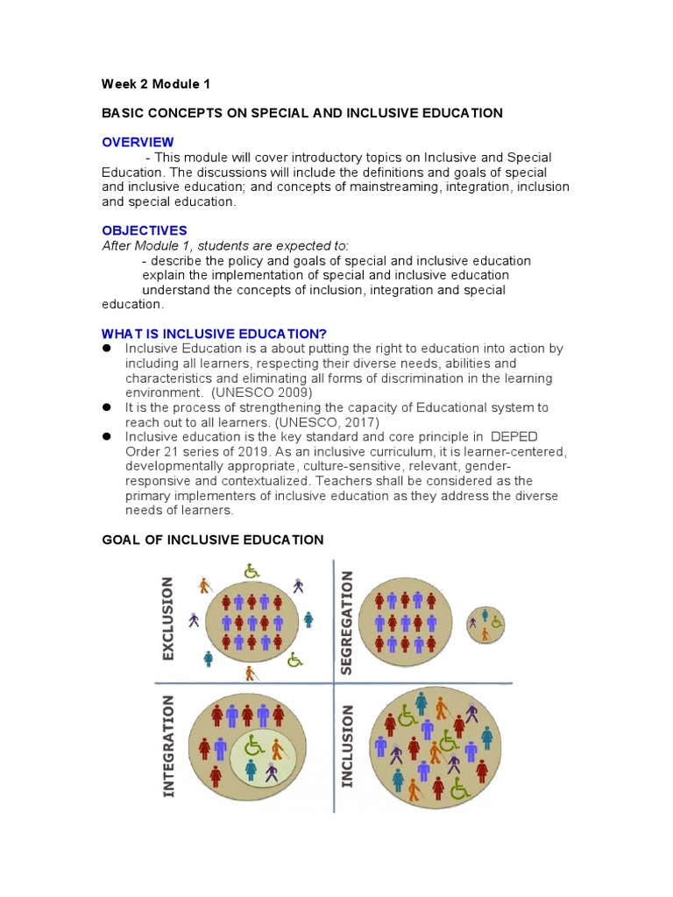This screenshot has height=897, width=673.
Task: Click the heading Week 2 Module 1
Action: [x=156, y=84]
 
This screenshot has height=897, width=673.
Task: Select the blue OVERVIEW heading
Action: [x=138, y=142]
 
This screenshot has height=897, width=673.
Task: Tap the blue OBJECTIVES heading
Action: [x=145, y=230]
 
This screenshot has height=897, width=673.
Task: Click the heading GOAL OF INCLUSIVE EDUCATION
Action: [x=213, y=540]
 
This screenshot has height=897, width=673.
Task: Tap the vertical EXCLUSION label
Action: [x=167, y=618]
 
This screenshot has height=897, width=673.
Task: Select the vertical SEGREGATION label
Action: [x=346, y=621]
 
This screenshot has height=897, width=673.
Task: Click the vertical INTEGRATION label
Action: [x=168, y=746]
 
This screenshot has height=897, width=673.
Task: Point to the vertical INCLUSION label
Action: [x=347, y=746]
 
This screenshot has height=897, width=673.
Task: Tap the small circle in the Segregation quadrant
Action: [x=485, y=624]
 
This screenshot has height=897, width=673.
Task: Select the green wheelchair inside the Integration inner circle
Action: [x=254, y=745]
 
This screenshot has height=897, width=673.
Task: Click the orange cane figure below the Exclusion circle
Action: [x=251, y=673]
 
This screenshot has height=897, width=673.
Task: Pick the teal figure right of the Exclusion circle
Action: [x=308, y=619]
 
